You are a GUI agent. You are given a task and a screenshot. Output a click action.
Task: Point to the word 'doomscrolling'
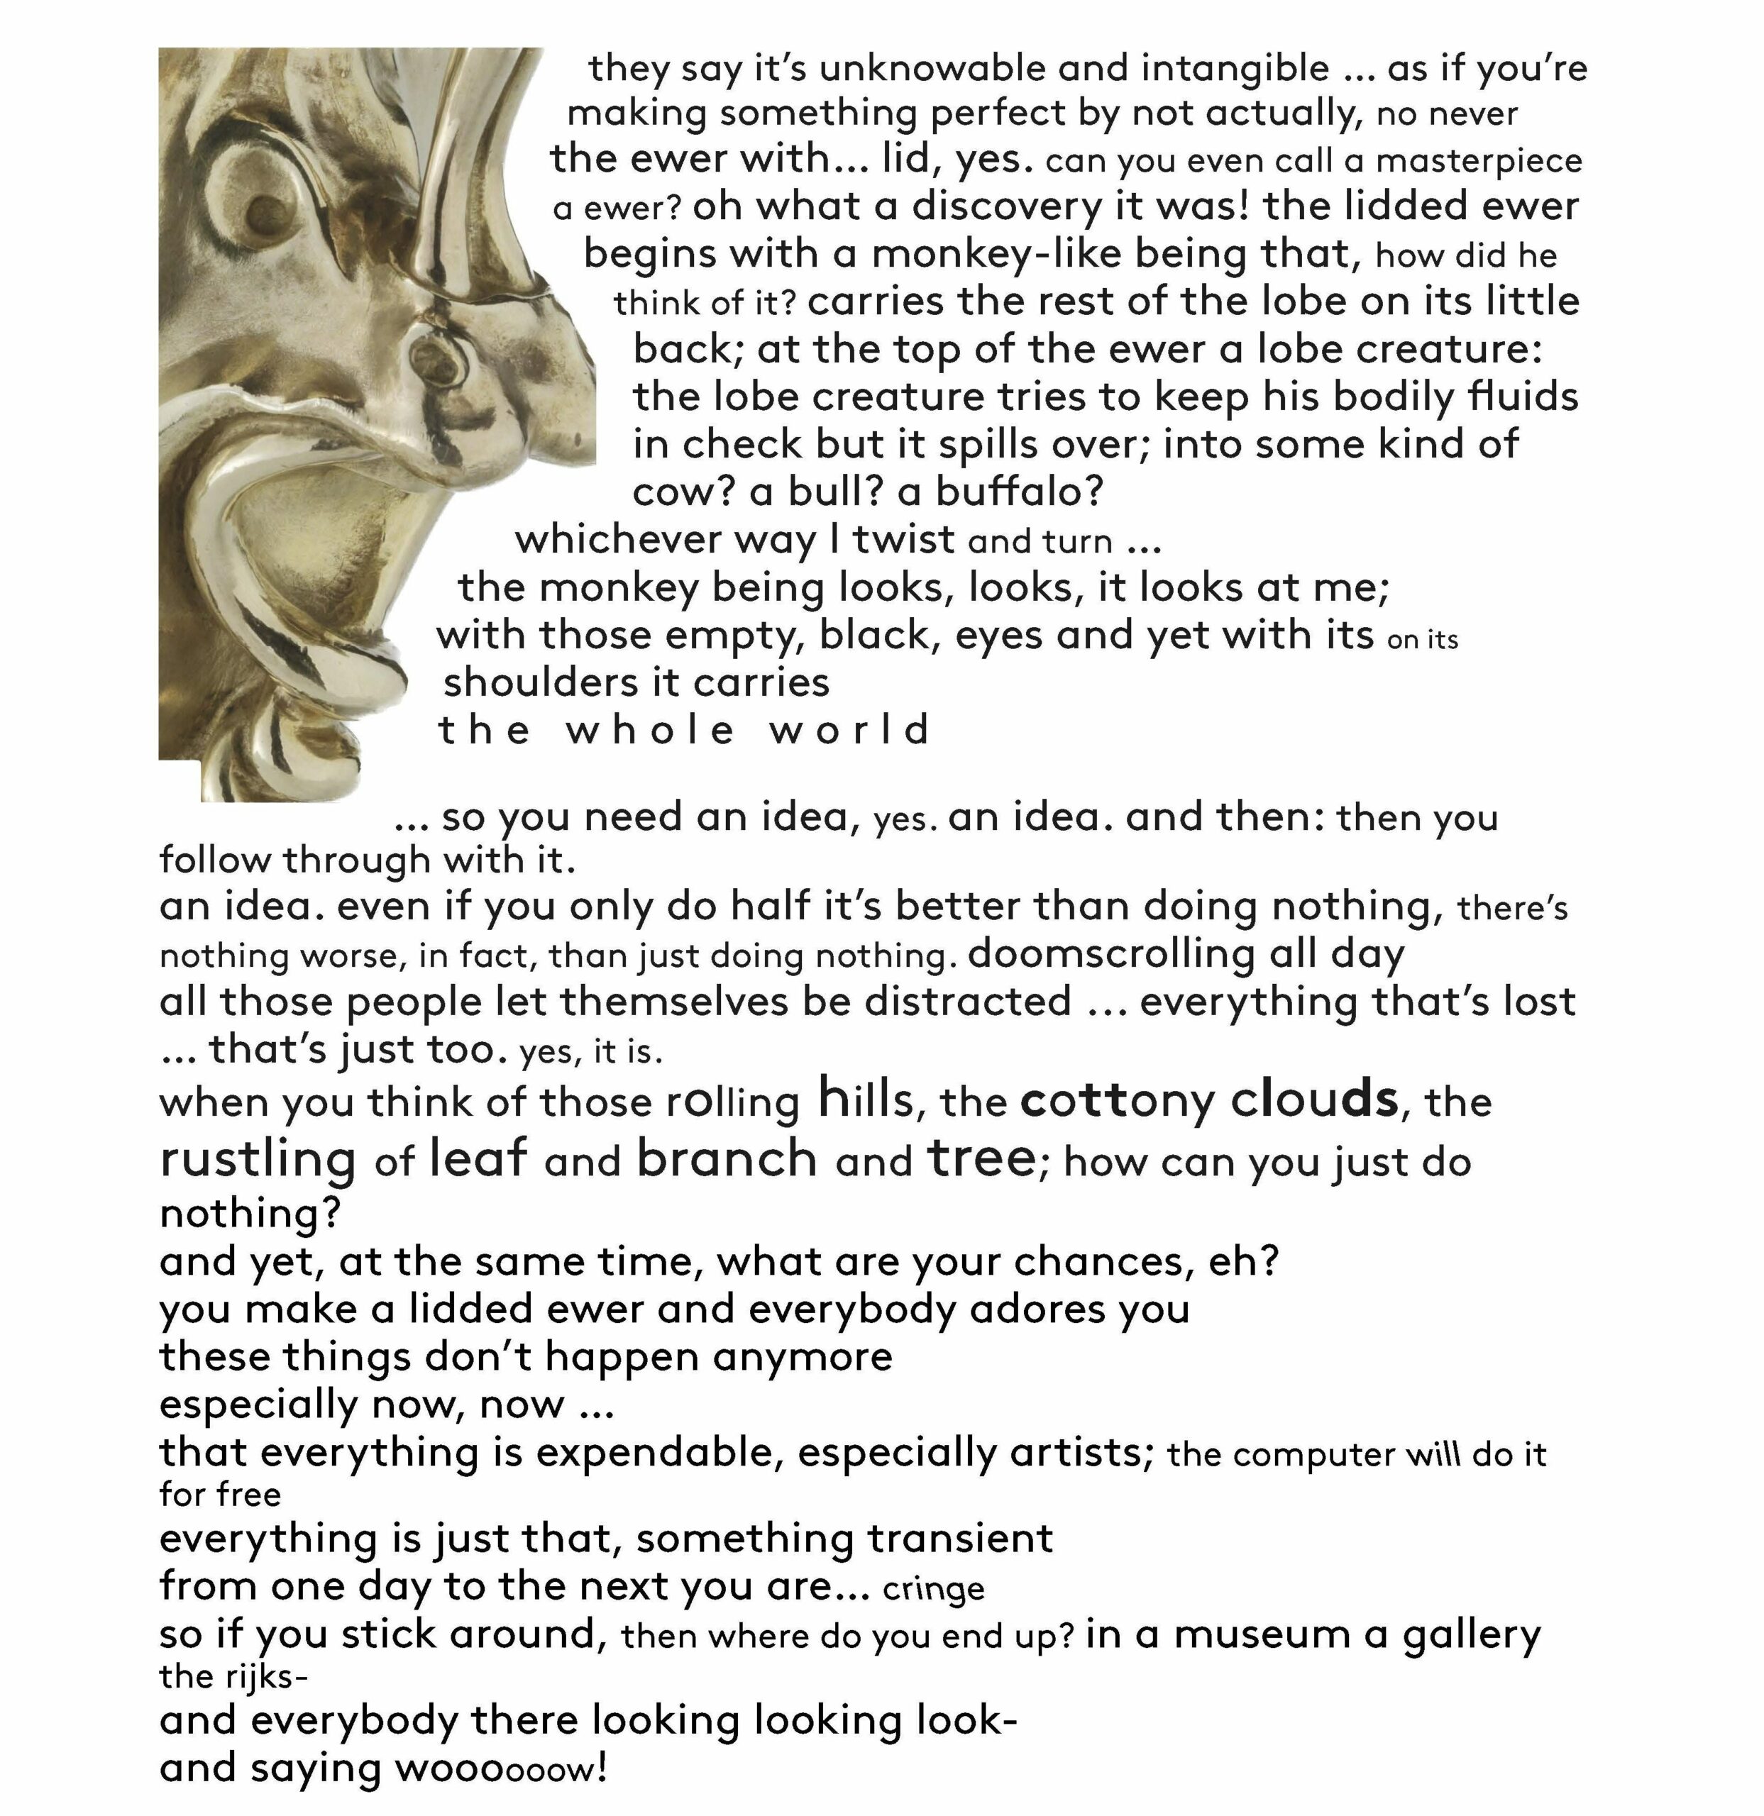[x=1110, y=953]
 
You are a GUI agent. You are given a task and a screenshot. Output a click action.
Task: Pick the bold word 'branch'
[x=727, y=1159]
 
